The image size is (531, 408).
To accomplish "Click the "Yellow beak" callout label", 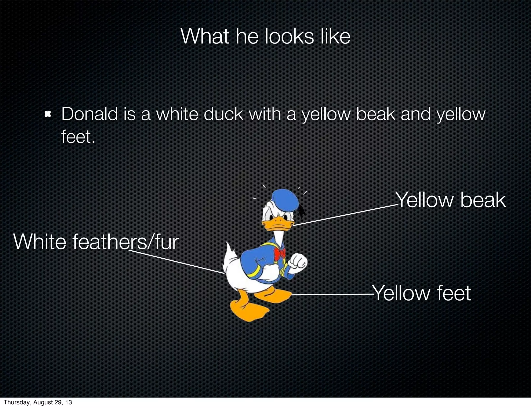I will click(x=451, y=200).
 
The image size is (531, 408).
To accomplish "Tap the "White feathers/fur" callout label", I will click(x=96, y=242).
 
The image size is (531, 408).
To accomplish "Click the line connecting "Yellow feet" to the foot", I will click(x=332, y=294).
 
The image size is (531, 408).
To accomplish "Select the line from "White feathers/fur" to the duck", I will click(x=176, y=262).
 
